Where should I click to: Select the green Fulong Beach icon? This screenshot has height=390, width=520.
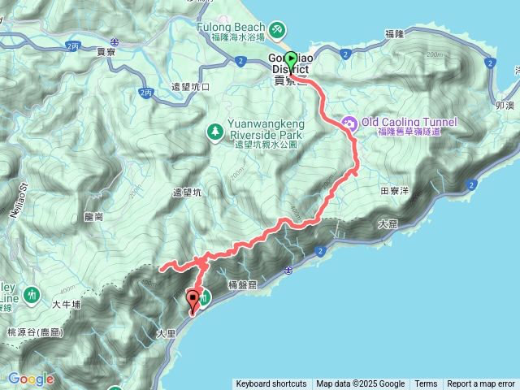tap(278, 30)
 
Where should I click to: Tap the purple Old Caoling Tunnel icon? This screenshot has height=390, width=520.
tap(350, 123)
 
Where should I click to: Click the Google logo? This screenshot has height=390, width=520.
tap(31, 379)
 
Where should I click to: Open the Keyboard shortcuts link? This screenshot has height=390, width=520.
tap(271, 384)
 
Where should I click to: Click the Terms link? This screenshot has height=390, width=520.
tap(426, 384)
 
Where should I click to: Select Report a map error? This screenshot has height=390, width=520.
tap(481, 384)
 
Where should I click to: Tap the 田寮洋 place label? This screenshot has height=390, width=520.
tap(394, 192)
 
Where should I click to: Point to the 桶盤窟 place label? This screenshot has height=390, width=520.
tap(242, 285)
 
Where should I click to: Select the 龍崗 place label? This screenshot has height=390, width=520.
tap(93, 217)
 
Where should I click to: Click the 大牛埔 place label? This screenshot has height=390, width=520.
tap(67, 305)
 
